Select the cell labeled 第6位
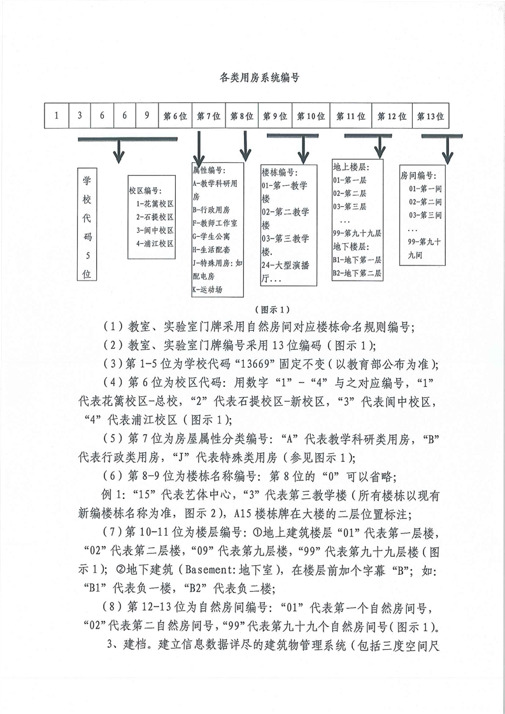click(175, 116)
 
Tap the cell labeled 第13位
click(430, 116)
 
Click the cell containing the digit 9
click(146, 116)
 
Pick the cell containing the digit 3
click(80, 116)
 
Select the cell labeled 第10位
click(311, 116)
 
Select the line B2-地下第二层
click(357, 273)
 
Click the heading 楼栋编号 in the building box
click(278, 172)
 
